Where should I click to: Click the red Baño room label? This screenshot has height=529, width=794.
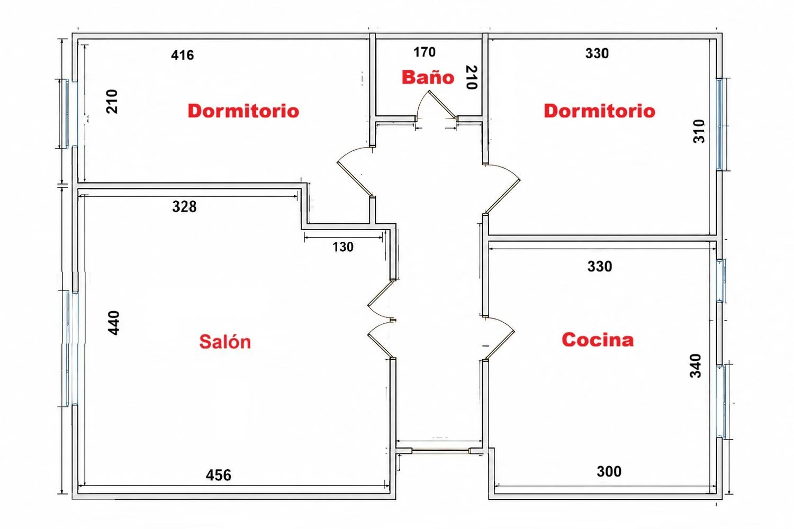click(x=428, y=77)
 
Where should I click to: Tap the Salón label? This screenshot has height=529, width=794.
click(x=225, y=342)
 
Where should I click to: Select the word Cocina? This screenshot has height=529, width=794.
click(x=598, y=340)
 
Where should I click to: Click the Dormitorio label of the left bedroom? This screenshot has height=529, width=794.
click(x=243, y=111)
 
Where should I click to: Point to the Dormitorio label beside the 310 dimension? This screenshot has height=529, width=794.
click(x=599, y=111)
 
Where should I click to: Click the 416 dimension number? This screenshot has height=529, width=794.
click(x=183, y=55)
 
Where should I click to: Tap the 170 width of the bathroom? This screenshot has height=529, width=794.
click(x=425, y=52)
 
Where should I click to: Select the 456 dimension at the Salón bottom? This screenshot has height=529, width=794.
click(x=218, y=475)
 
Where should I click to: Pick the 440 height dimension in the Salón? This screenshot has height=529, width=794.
click(x=113, y=323)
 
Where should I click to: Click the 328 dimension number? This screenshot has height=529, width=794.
click(x=184, y=206)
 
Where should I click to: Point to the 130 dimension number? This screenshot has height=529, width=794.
click(x=343, y=247)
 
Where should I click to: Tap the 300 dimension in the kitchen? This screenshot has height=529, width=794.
click(x=609, y=471)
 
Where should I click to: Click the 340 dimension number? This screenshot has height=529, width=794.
click(x=696, y=366)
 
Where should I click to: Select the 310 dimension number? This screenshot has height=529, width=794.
click(x=699, y=131)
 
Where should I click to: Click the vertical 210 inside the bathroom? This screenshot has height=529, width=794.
click(x=472, y=77)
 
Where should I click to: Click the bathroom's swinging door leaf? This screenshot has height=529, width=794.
click(x=442, y=104)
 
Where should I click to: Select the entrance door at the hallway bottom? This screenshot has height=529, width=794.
click(x=440, y=451)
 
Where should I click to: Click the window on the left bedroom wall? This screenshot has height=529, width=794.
click(x=67, y=113)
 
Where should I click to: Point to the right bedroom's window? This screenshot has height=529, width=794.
click(x=720, y=124)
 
